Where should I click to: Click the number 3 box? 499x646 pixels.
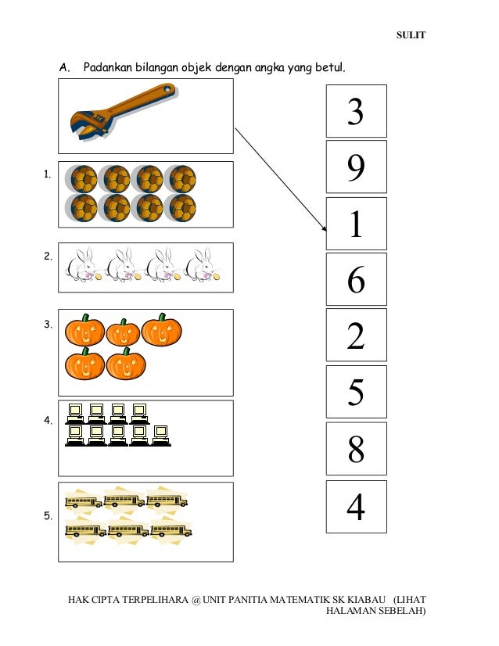click(357, 111)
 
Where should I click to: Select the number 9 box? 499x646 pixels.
click(357, 167)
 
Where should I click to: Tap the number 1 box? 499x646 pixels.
click(357, 224)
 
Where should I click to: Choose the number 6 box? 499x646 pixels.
click(357, 279)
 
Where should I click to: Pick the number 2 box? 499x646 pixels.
click(357, 335)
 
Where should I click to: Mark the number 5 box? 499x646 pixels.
click(357, 392)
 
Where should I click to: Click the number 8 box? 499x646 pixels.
click(357, 449)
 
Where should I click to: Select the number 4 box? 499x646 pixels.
click(357, 507)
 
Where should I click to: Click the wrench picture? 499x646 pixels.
click(124, 112)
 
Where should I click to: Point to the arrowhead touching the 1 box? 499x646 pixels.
click(325, 228)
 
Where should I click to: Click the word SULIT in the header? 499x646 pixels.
click(411, 35)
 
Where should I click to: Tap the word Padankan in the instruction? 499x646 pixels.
click(108, 66)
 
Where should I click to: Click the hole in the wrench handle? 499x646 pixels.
click(167, 88)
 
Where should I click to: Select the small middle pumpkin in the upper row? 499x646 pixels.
click(123, 332)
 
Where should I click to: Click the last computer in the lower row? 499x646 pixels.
click(160, 436)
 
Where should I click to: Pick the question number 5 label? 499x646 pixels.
click(48, 516)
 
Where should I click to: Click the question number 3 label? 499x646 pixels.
click(48, 325)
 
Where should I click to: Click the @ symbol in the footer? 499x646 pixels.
click(196, 600)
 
